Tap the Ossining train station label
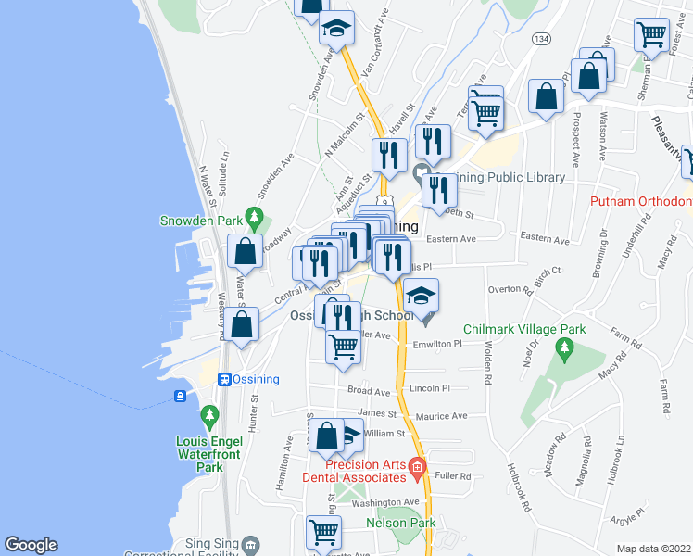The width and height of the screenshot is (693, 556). [x=256, y=380]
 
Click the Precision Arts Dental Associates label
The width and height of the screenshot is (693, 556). [x=355, y=471]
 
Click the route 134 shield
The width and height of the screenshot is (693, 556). [x=540, y=39]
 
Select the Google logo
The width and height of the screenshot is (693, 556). [x=31, y=545]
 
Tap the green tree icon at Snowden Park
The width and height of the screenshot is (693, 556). [x=252, y=220]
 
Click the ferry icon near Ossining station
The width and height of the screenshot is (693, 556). [x=181, y=396]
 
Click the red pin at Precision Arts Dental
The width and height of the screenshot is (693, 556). [x=417, y=468]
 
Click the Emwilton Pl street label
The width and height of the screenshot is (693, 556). [x=437, y=343]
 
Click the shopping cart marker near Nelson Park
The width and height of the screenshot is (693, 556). [x=323, y=532]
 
